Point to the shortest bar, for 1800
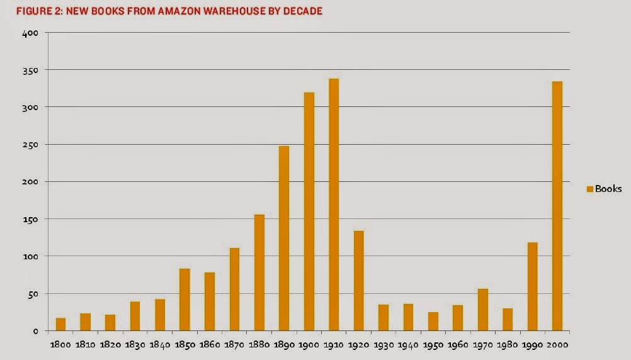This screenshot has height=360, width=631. [x=60, y=324]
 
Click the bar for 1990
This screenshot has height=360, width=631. [x=532, y=286]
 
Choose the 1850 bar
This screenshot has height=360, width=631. [x=185, y=300]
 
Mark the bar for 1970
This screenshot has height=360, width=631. [x=483, y=310]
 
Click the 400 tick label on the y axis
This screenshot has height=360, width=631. [x=33, y=33]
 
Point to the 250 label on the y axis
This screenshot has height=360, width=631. [x=33, y=145]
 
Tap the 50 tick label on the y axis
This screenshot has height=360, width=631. [x=35, y=294]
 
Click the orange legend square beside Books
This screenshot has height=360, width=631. [x=590, y=189]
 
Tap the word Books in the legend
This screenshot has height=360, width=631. [x=608, y=189]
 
